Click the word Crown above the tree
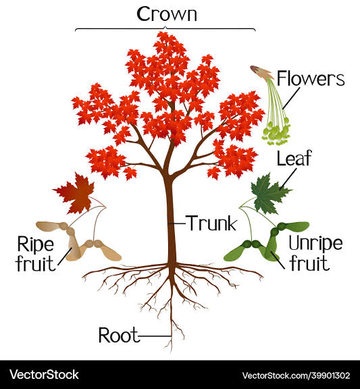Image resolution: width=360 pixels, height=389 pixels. coord(167,14)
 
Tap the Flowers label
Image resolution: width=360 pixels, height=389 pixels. coord(311,78)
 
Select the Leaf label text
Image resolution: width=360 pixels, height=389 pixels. coord(294,158)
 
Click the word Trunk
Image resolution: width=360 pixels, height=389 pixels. coord(212,223)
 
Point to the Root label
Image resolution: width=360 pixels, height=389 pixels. coord(118,335)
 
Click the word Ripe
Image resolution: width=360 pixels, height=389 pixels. coord(36,244)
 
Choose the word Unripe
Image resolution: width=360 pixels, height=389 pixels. coord(315,243)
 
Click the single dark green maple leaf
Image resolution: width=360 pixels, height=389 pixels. coord(269,194)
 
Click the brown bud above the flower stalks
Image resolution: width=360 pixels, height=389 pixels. coord(262,72)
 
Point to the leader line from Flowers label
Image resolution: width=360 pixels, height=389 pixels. coord(291,98)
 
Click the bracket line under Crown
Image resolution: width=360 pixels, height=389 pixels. coord(165,29)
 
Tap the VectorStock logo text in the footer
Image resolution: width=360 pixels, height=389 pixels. coord(44,375)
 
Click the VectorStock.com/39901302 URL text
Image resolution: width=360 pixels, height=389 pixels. coord(296,375)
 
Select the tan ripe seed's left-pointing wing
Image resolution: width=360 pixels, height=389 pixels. coord(51,226)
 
